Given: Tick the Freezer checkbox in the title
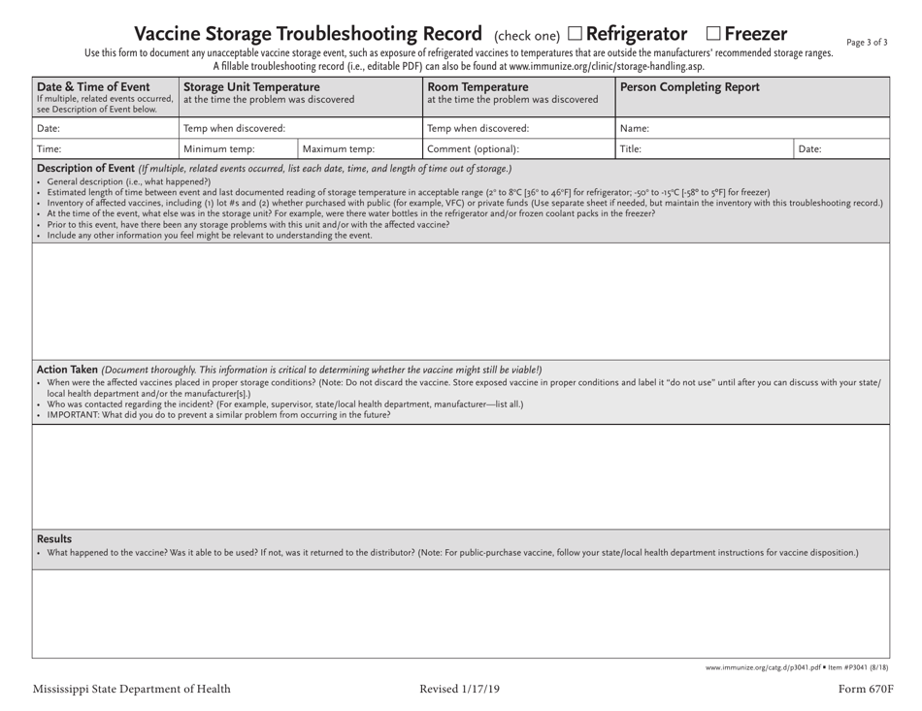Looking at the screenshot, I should (713, 36).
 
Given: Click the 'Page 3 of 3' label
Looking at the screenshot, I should (867, 42).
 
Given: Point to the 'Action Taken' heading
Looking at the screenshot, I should (67, 370).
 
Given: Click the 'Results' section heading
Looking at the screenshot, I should (53, 538).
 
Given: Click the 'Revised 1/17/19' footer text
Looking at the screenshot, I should (460, 690).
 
